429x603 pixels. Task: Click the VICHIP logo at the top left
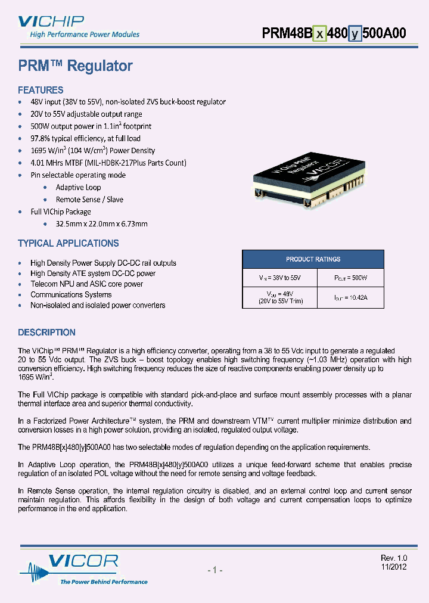tap(51, 23)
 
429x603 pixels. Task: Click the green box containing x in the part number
tap(319, 33)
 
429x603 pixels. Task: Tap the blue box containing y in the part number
tap(355, 33)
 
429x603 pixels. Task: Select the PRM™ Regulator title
tap(75, 66)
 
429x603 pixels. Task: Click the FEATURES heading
tap(41, 90)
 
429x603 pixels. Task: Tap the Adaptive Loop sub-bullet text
tap(78, 187)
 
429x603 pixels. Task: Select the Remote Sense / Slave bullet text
tap(89, 200)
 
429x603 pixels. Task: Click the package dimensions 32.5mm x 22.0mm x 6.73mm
tap(101, 224)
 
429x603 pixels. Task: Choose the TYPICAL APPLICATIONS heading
tap(69, 243)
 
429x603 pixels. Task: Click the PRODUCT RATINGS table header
tap(313, 259)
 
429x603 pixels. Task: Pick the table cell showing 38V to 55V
tap(278, 278)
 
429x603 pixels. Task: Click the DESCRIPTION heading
tap(46, 332)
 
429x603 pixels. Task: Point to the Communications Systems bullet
tap(71, 294)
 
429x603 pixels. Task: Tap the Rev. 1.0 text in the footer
tap(393, 558)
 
